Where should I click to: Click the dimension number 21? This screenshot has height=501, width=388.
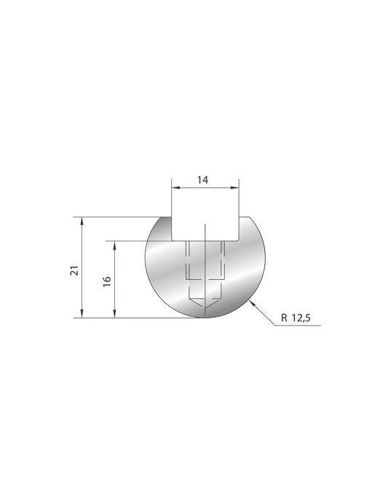point(73,270)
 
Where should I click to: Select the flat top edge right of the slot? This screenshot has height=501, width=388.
point(246,217)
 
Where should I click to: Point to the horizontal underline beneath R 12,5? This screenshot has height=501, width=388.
point(298,326)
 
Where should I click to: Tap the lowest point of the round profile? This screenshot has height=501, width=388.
point(205,318)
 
